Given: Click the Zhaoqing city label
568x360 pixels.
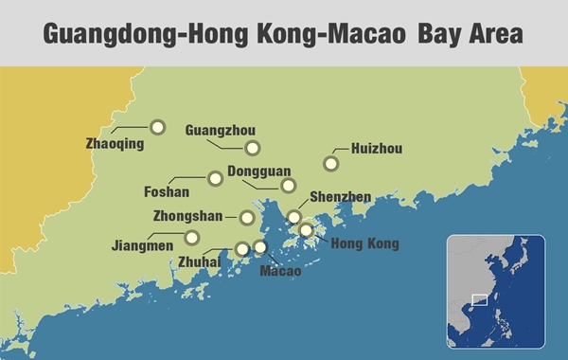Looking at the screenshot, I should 115,145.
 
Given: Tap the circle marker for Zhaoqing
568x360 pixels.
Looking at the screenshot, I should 158,127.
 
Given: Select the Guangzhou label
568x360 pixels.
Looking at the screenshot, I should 221,130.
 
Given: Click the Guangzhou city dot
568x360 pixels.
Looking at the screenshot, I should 253,148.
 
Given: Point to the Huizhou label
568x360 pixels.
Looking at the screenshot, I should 377,149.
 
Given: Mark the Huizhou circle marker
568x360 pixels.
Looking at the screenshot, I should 330,163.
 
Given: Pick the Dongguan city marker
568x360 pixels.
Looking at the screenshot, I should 289,185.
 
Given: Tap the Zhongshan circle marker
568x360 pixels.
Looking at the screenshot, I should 247,217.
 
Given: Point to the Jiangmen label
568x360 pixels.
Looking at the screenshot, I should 142,245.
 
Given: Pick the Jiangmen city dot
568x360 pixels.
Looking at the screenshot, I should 193,237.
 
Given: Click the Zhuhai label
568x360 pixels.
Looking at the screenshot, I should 200,261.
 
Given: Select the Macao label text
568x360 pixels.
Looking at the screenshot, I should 280,271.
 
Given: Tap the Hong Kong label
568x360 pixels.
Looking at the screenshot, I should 364,243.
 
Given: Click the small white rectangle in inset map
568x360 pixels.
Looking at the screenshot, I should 479,300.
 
